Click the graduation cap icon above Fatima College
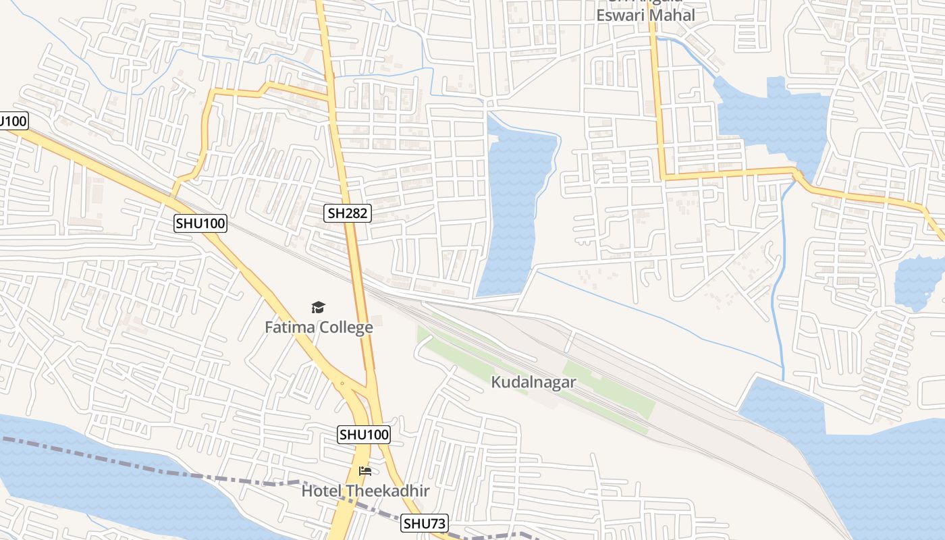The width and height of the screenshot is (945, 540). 318,308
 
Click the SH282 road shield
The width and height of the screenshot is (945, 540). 348,214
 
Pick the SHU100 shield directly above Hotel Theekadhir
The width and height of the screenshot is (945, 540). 364,435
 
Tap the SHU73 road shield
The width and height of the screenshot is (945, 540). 425,523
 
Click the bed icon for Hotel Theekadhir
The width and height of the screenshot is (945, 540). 365,470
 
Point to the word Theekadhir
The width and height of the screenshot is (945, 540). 388,491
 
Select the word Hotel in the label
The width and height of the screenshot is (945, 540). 322,491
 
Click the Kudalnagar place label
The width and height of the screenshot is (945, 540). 533,382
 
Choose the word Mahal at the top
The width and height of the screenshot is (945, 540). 672,15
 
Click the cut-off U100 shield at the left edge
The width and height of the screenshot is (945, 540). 12,122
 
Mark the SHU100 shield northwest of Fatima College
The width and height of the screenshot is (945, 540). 200,223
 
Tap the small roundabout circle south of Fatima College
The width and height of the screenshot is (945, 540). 342,383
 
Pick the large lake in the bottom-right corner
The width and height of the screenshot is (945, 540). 878,473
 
